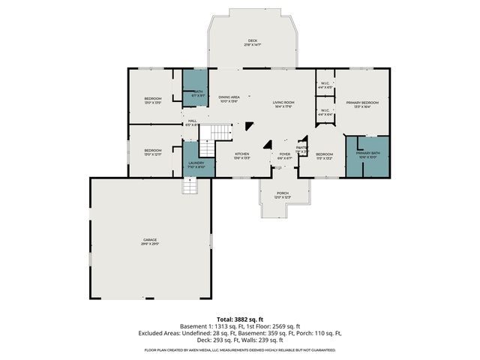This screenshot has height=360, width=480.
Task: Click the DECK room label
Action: (x=251, y=42)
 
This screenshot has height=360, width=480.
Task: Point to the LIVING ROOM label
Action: (x=283, y=104)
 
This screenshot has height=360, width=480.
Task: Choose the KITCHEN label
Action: (x=242, y=156)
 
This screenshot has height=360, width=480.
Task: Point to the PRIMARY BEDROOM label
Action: (x=362, y=104)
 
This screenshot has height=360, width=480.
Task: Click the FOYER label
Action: (x=284, y=156)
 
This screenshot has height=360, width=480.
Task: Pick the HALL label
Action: (x=192, y=122)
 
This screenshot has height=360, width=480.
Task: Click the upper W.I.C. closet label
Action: (x=325, y=85)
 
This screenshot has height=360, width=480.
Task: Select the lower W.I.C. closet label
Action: (x=325, y=112)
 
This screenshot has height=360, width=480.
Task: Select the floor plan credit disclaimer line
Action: (x=240, y=349)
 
